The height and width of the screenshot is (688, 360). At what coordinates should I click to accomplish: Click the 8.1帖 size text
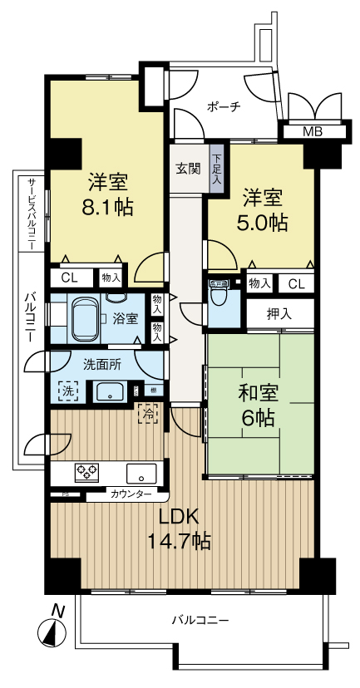[102, 206]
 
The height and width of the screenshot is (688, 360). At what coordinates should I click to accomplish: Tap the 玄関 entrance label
[188, 168]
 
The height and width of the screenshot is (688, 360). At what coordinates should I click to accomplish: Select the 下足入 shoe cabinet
[216, 168]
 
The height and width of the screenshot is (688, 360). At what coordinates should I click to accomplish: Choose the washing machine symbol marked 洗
[66, 391]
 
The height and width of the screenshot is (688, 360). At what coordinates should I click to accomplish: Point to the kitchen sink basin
[141, 473]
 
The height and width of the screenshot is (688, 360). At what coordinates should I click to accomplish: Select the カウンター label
[131, 494]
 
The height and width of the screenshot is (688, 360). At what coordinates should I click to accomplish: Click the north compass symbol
[52, 631]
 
